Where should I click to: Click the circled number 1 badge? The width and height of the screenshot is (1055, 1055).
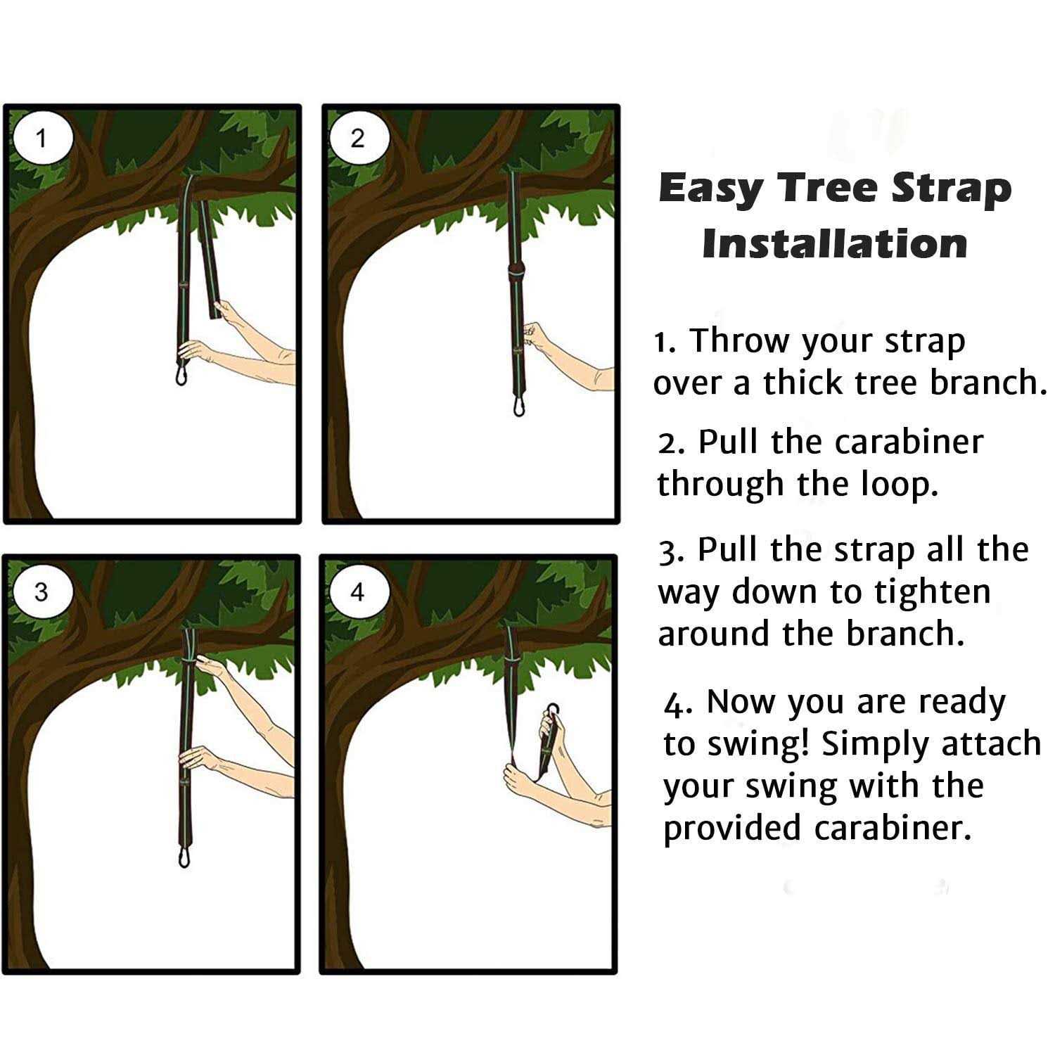(42, 139)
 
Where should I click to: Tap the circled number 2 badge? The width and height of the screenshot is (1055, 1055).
(358, 139)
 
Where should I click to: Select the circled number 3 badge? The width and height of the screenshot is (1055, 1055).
(42, 592)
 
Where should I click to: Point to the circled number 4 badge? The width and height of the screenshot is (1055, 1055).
(358, 592)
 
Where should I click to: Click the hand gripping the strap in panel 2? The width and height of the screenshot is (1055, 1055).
(536, 336)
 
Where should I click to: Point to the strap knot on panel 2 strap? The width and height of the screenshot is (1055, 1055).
(517, 271)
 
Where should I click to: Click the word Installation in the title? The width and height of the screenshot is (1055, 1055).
(835, 244)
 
